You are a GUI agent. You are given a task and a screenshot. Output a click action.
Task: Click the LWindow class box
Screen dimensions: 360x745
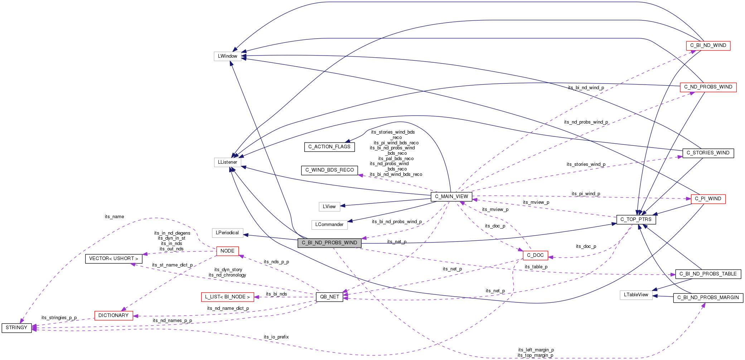coord(227,56)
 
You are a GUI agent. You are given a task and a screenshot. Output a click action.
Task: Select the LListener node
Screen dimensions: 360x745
coord(227,162)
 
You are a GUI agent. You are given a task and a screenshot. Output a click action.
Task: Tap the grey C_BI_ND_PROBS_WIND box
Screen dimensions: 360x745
coord(329,243)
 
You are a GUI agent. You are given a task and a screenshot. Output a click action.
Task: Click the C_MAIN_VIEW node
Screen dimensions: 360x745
coord(451,196)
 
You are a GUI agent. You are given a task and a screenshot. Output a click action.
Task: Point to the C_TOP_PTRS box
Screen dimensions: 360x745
coord(636,220)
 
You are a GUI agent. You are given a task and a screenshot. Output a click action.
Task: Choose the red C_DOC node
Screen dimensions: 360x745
coord(535,255)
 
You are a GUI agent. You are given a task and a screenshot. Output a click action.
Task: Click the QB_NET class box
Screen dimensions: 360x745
coord(329,297)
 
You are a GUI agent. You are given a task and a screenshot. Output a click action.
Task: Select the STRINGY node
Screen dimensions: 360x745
coord(16,328)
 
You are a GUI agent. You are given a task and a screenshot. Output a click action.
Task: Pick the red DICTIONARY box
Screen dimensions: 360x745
coord(113,316)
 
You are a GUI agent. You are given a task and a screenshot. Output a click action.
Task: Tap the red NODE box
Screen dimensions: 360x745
coord(227,251)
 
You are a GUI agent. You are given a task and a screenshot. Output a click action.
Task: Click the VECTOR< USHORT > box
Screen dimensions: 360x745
coord(113,259)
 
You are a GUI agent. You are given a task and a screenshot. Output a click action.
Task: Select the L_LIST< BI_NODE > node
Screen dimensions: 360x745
coord(227,297)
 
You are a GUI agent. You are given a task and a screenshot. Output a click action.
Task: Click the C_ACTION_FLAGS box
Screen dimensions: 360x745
coord(329,147)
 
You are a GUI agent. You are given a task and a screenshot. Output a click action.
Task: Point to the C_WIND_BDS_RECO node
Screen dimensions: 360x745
coord(329,170)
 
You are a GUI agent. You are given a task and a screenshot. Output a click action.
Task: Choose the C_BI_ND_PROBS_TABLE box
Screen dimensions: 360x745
coord(708,274)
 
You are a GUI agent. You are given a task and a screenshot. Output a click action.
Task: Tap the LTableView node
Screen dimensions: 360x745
coord(636,295)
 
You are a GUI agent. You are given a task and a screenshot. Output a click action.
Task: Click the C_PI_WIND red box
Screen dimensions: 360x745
coord(708,199)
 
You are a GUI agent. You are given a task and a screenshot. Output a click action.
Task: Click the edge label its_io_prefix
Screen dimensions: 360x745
coord(276,337)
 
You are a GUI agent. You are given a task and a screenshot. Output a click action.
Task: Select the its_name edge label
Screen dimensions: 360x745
coord(114,217)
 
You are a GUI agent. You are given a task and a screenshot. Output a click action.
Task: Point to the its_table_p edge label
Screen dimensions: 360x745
coord(536,267)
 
